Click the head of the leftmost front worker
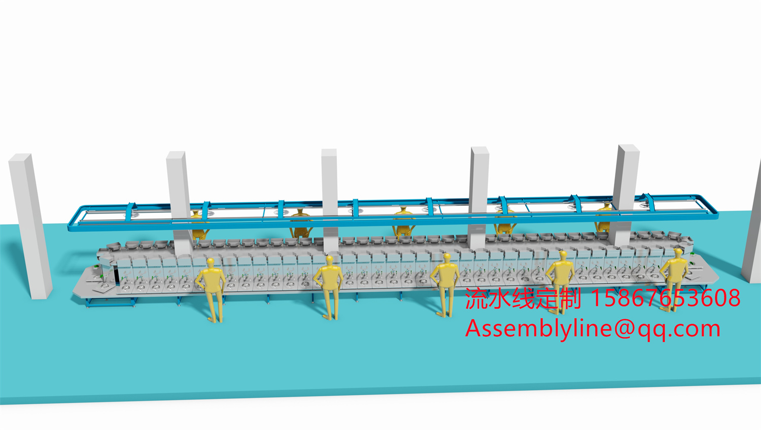click(211, 262)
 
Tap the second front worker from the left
click(329, 284)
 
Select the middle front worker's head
click(446, 258)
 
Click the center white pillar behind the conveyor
click(330, 193)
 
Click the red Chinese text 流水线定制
click(523, 298)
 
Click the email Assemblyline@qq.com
click(593, 329)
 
